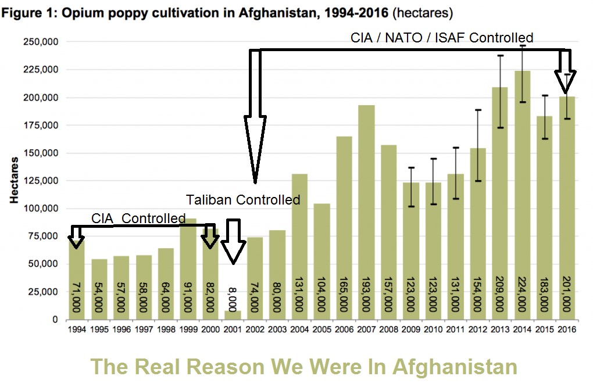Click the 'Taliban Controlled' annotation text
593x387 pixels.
pos(243,200)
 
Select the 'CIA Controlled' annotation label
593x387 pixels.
pos(138,218)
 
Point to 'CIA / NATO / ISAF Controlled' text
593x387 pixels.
pos(442,38)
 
